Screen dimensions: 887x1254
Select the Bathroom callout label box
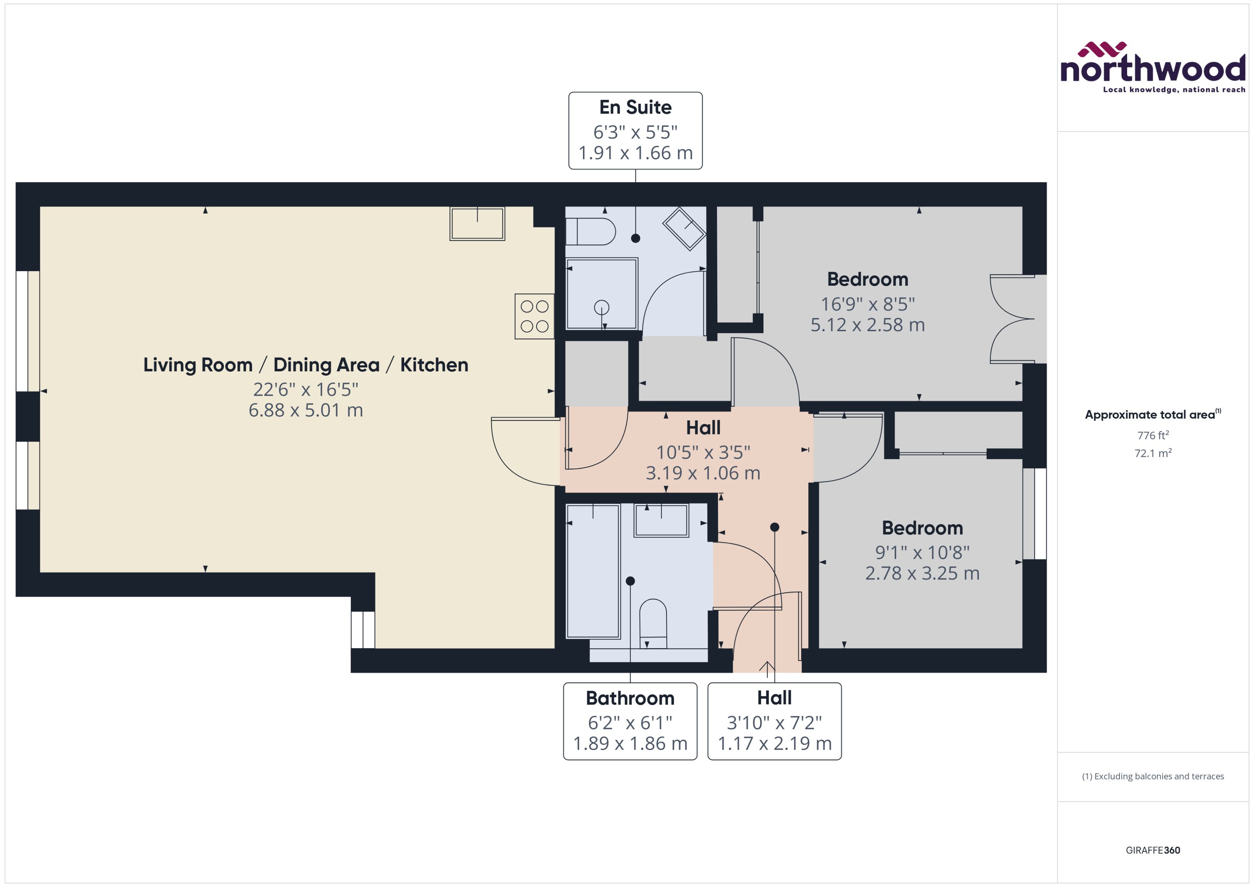pos(630,721)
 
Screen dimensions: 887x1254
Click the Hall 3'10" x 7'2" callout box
pos(774,721)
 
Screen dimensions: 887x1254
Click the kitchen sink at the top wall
pos(477,223)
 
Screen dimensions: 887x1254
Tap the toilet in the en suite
pos(590,232)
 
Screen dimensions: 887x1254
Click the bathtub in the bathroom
pos(593,571)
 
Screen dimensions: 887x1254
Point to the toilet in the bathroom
pos(653,623)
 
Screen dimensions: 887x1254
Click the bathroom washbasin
pos(661,520)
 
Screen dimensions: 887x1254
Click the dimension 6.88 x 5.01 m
pos(306,410)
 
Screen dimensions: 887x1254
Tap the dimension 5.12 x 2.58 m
pos(867,325)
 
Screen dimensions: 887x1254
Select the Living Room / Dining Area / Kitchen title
pos(306,365)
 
